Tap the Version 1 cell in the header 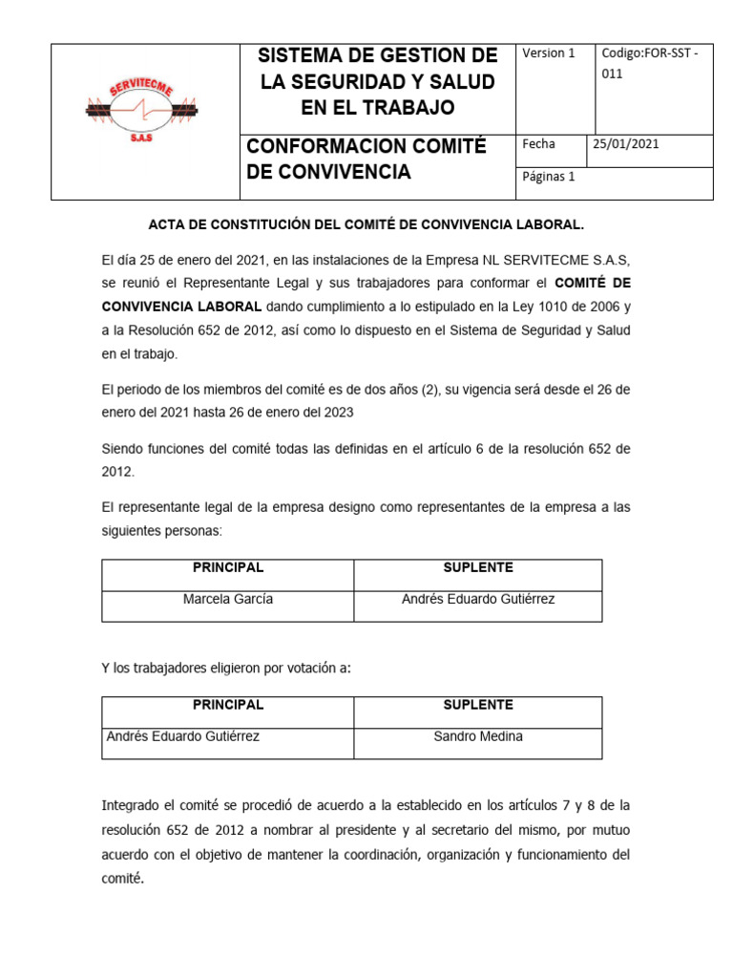pos(549,53)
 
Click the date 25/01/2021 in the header pos(626,144)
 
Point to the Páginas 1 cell pos(548,177)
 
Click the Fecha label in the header pos(538,144)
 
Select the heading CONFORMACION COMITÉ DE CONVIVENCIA pos(366,159)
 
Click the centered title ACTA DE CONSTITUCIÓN pos(366,224)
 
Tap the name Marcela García pos(228,599)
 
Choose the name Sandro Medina pos(478,736)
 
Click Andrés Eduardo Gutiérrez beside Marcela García pos(478,599)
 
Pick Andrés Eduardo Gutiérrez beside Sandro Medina pos(183,736)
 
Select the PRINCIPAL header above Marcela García pos(228,567)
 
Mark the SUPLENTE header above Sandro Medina pos(478,705)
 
